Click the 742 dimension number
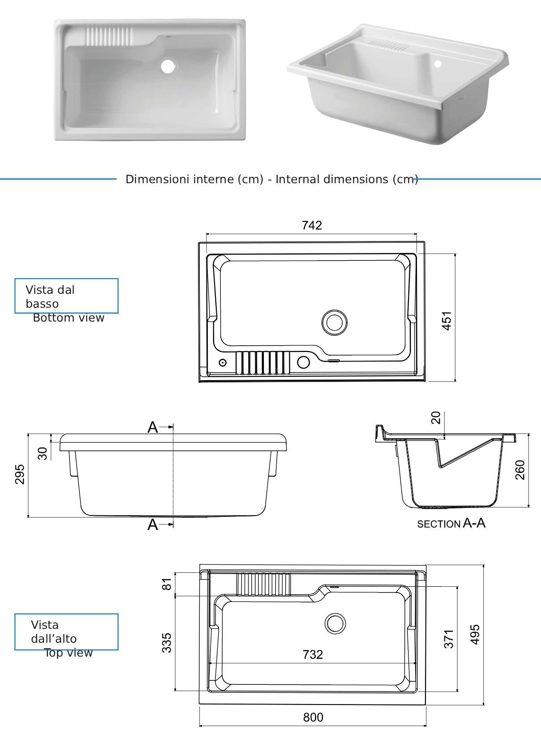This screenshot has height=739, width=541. (x=312, y=225)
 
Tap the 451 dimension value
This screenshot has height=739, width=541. (x=447, y=321)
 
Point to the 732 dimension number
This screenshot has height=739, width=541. (x=313, y=654)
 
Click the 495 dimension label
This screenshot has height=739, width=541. (x=475, y=634)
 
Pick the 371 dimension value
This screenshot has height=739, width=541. (x=449, y=639)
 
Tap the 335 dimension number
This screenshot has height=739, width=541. (x=167, y=643)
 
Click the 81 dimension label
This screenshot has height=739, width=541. (x=167, y=584)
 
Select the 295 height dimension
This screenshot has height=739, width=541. (x=20, y=474)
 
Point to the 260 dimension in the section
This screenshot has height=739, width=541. (x=520, y=470)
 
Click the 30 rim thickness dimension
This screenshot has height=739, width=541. (x=43, y=454)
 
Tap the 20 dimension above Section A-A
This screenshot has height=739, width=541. (x=436, y=418)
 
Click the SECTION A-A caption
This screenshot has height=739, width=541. (x=451, y=524)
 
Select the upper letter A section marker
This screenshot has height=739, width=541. (x=153, y=427)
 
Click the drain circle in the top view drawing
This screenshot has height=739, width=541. (x=335, y=623)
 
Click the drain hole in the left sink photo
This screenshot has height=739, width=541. (x=168, y=66)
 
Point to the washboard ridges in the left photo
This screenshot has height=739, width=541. (x=109, y=36)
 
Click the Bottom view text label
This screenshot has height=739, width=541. (x=69, y=318)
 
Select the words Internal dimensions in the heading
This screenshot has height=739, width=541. (x=332, y=179)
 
